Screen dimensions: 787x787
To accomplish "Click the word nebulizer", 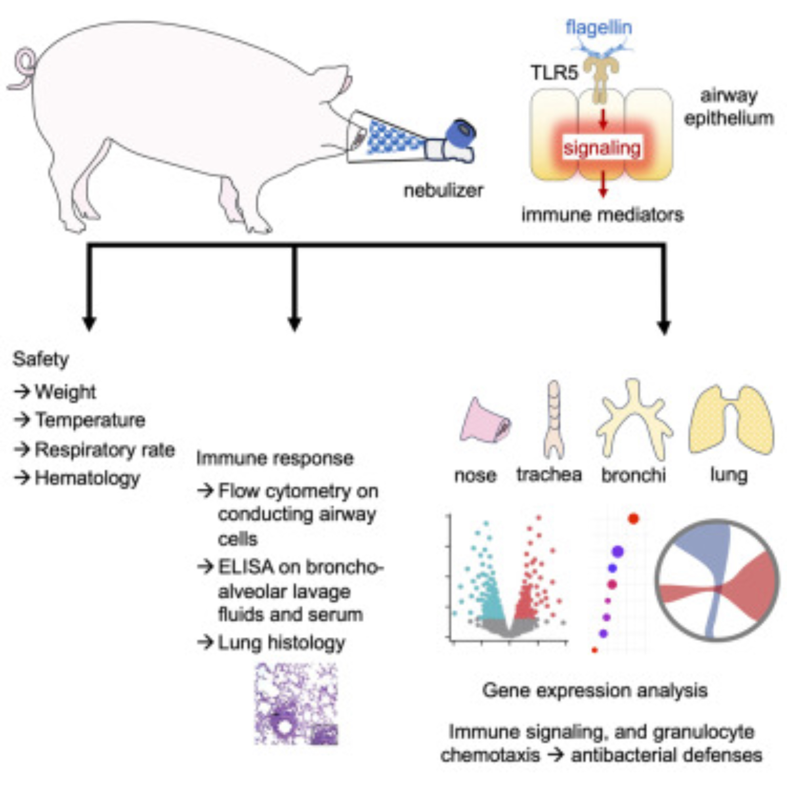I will pyautogui.click(x=443, y=190).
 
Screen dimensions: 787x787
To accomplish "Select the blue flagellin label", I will pyautogui.click(x=599, y=28).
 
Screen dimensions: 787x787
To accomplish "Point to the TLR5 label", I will pyautogui.click(x=554, y=73).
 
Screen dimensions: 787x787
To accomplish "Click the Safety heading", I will pyautogui.click(x=41, y=359).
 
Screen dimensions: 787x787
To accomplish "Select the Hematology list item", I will pyautogui.click(x=87, y=478).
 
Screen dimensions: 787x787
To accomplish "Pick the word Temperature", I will pyautogui.click(x=90, y=420).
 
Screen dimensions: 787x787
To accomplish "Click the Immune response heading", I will pyautogui.click(x=275, y=458).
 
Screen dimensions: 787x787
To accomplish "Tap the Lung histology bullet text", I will pyautogui.click(x=281, y=643).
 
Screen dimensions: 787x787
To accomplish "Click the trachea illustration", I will pyautogui.click(x=554, y=419).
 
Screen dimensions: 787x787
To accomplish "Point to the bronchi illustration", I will pyautogui.click(x=634, y=419).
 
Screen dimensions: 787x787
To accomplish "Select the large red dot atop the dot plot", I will pyautogui.click(x=634, y=519).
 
